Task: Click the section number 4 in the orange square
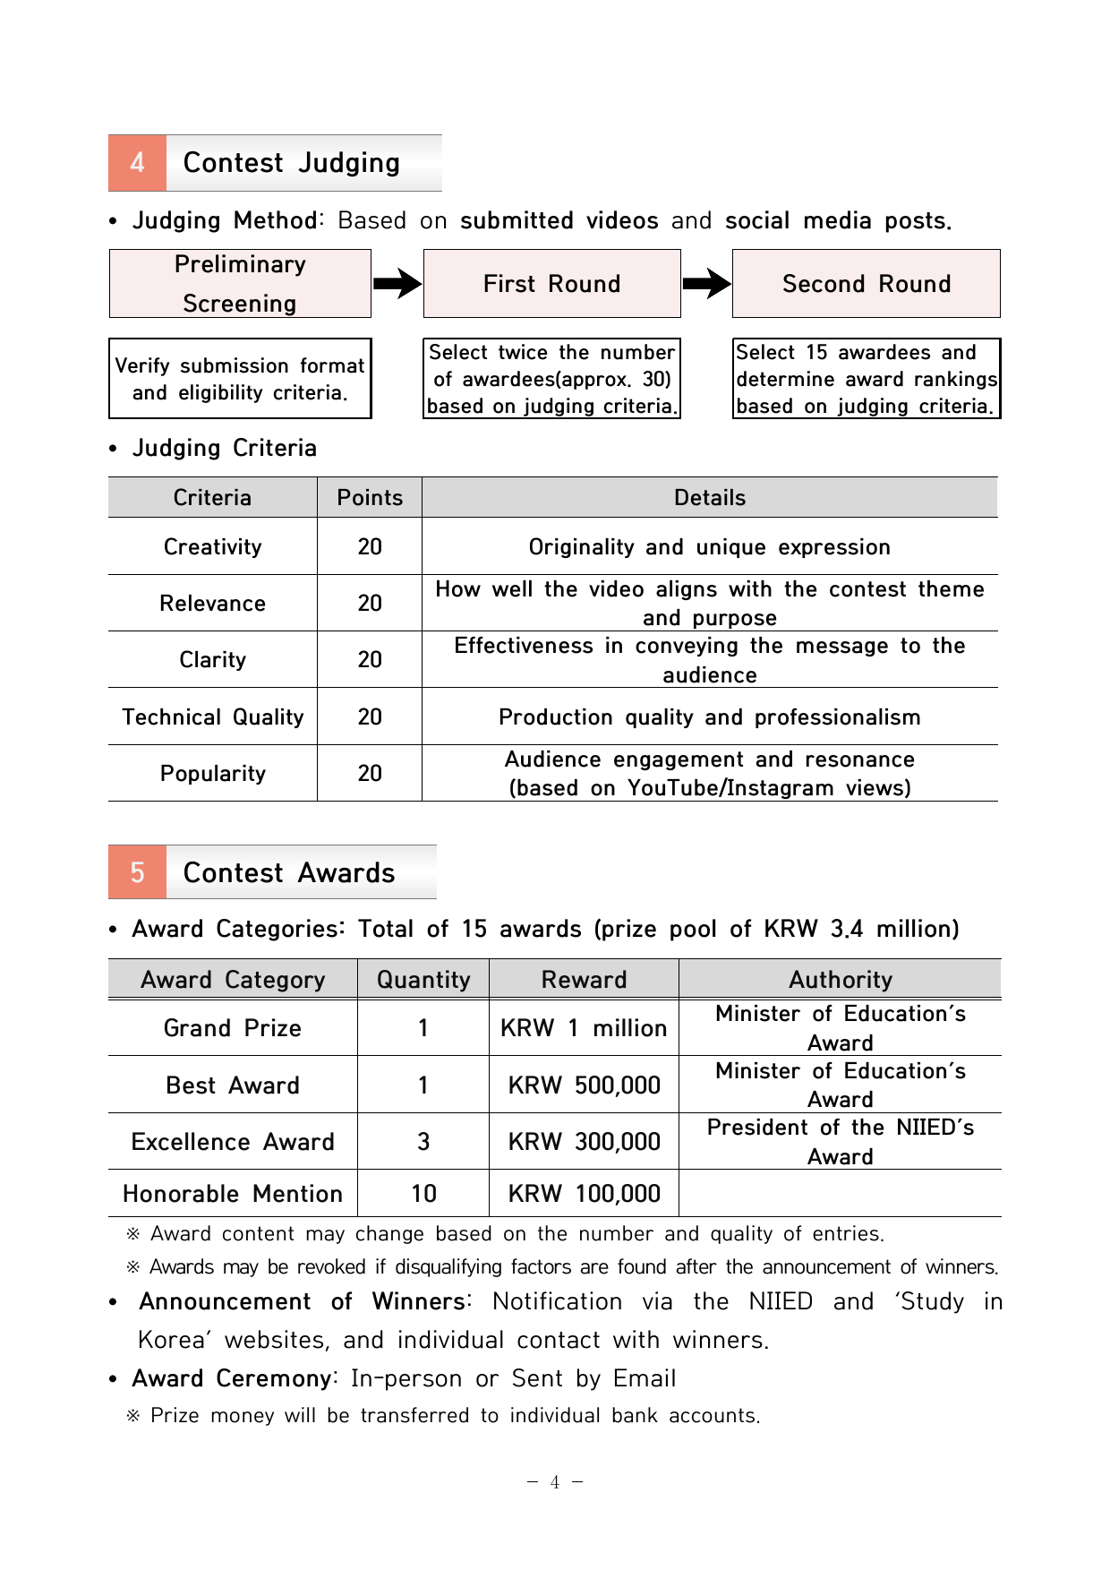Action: click(137, 163)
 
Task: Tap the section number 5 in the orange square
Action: click(137, 872)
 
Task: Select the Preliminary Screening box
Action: click(240, 284)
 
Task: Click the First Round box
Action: click(551, 284)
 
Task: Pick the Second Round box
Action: click(866, 284)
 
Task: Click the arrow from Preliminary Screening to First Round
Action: click(397, 284)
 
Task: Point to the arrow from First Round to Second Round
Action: click(706, 284)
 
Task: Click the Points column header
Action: click(370, 498)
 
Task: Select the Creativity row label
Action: click(213, 547)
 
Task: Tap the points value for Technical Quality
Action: click(370, 717)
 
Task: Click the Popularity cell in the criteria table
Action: click(213, 774)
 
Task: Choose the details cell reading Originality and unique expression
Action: click(709, 547)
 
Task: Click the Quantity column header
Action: click(423, 980)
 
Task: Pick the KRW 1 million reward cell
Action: click(584, 1028)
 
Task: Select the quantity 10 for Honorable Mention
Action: click(423, 1194)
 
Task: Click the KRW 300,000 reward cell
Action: click(584, 1142)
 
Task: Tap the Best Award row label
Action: click(233, 1085)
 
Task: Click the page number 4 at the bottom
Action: click(555, 1482)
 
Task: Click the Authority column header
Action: click(840, 980)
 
